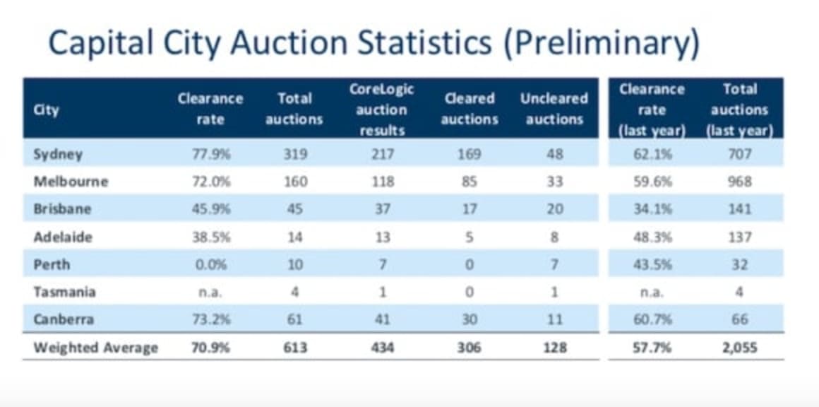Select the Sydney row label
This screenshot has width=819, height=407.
(x=58, y=154)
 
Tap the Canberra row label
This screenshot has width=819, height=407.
(x=64, y=319)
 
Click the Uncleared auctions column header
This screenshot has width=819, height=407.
(x=554, y=109)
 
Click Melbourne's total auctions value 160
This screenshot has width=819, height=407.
(x=294, y=182)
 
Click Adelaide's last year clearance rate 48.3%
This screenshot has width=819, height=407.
(x=652, y=237)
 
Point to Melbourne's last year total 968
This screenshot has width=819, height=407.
(x=739, y=182)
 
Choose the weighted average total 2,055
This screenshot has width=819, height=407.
(x=739, y=347)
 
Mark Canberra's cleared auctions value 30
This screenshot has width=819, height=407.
(x=468, y=319)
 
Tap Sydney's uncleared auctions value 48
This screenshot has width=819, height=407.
(x=554, y=154)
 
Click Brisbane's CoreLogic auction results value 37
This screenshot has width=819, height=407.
(x=381, y=209)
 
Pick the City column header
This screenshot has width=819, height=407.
(x=46, y=110)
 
